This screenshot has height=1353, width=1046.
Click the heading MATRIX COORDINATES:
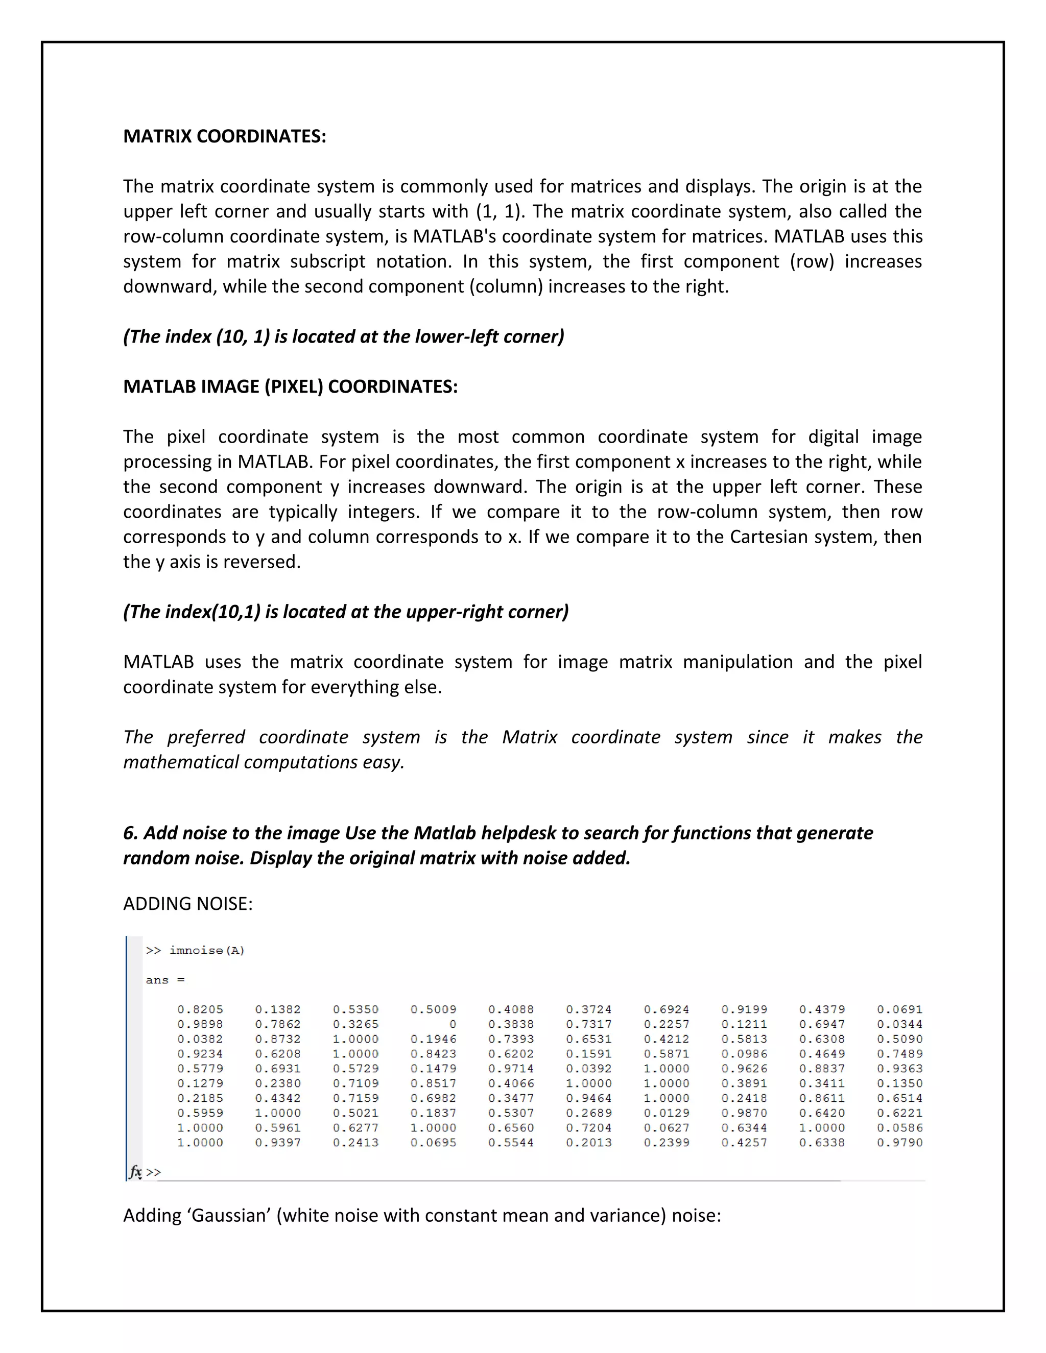tap(224, 136)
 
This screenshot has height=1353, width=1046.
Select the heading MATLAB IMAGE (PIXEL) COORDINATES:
tap(290, 386)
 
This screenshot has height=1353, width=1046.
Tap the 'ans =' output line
tap(165, 980)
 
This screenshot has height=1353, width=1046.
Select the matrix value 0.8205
tap(200, 1009)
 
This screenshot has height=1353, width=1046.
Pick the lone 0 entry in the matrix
tap(453, 1024)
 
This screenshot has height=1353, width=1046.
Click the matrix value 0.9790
tap(899, 1142)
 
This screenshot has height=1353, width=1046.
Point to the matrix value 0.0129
tap(666, 1113)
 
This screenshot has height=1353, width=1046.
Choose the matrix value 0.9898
tap(200, 1024)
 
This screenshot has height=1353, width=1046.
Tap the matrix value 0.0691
tap(899, 1009)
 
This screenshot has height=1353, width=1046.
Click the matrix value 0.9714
tap(511, 1069)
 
